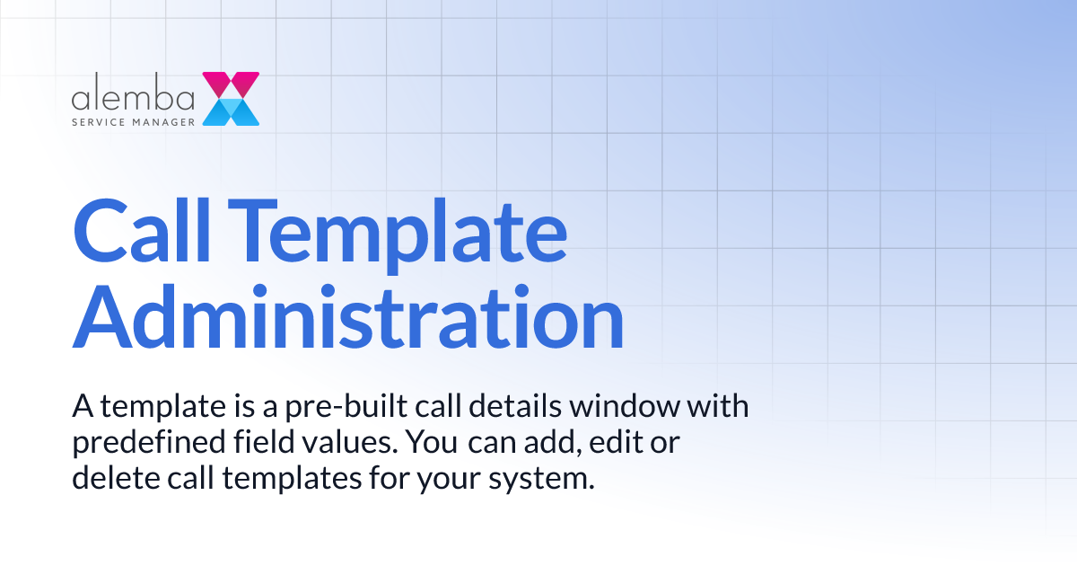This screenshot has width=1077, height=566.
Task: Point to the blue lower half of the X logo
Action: (x=231, y=112)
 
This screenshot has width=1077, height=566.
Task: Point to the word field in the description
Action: (x=269, y=443)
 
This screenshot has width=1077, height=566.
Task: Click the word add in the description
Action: (x=539, y=443)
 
